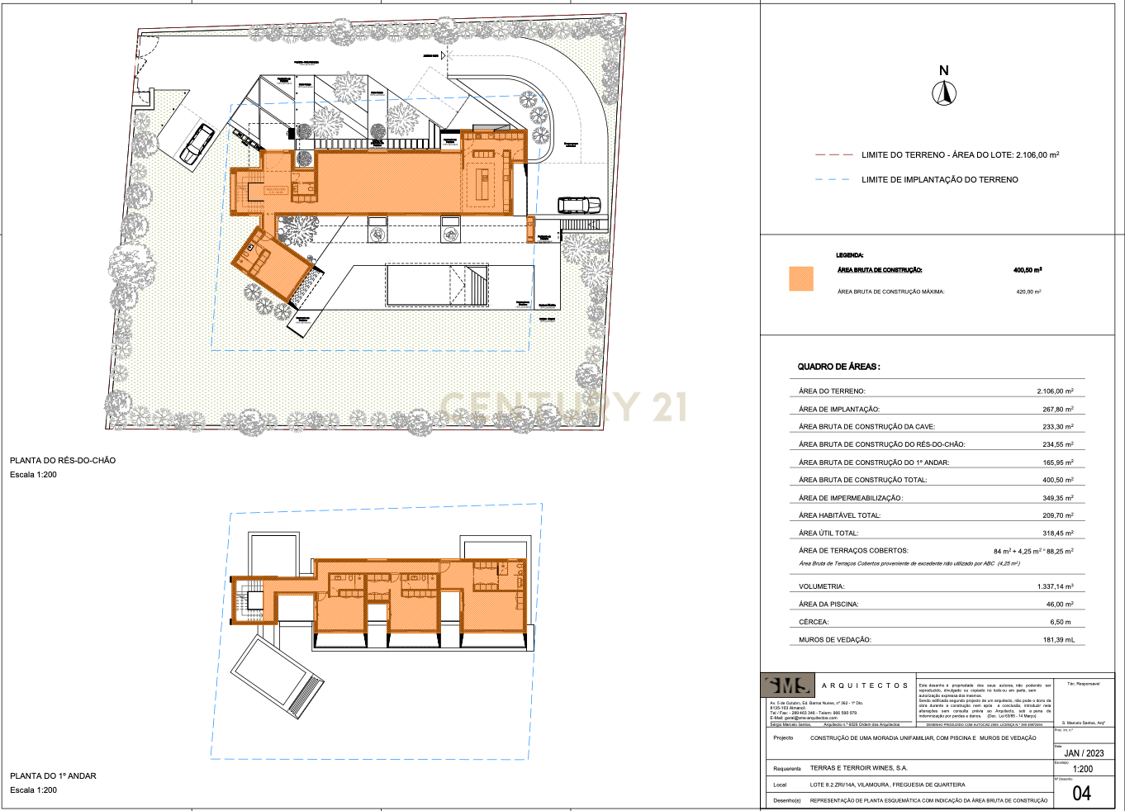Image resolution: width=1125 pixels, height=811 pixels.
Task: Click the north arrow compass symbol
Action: pyautogui.click(x=944, y=94)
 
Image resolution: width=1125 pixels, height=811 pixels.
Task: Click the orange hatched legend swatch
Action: pyautogui.click(x=800, y=278)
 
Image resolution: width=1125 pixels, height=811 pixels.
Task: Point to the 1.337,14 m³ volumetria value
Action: pyautogui.click(x=1055, y=586)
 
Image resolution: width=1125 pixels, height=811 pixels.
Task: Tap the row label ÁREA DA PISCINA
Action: pyautogui.click(x=828, y=605)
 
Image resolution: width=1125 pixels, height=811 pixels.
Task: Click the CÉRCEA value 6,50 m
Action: pyautogui.click(x=1060, y=622)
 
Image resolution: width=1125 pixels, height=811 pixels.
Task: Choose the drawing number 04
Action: pyautogui.click(x=1081, y=794)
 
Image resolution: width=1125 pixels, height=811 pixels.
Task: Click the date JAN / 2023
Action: pyautogui.click(x=1084, y=753)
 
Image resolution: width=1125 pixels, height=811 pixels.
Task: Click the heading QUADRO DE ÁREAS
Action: pyautogui.click(x=838, y=367)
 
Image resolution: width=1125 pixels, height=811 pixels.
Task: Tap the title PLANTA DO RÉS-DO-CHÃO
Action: pyautogui.click(x=63, y=460)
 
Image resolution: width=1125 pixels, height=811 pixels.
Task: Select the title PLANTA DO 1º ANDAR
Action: pyautogui.click(x=53, y=775)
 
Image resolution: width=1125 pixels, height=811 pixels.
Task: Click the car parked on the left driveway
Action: pyautogui.click(x=197, y=144)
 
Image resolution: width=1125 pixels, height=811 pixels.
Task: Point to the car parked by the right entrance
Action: pyautogui.click(x=579, y=204)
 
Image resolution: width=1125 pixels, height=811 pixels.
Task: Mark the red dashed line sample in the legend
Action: pyautogui.click(x=833, y=154)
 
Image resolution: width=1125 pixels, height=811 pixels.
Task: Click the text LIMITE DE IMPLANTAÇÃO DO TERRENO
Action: pyautogui.click(x=939, y=179)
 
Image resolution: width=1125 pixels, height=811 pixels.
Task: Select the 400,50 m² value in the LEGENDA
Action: pyautogui.click(x=1027, y=270)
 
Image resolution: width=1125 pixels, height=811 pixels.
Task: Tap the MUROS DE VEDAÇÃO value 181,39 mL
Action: pyautogui.click(x=1058, y=640)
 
